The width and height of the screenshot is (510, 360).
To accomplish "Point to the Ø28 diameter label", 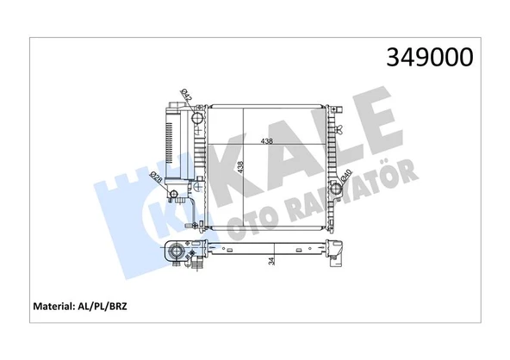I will point(156,177).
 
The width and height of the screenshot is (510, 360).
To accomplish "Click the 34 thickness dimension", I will point(272,262).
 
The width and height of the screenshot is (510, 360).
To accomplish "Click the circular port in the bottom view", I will point(177,253).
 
